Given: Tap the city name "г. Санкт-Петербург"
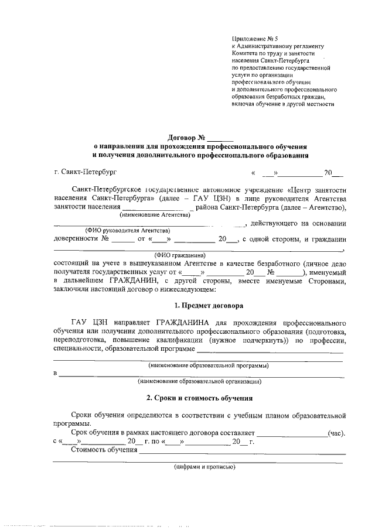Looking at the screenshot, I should coord(85,173).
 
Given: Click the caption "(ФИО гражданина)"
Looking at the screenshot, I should coord(180,255).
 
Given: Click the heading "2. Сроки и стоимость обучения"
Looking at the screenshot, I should coord(199,398).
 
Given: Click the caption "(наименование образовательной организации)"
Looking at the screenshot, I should coord(199,381).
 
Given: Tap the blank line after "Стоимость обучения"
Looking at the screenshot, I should coord(241,452).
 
